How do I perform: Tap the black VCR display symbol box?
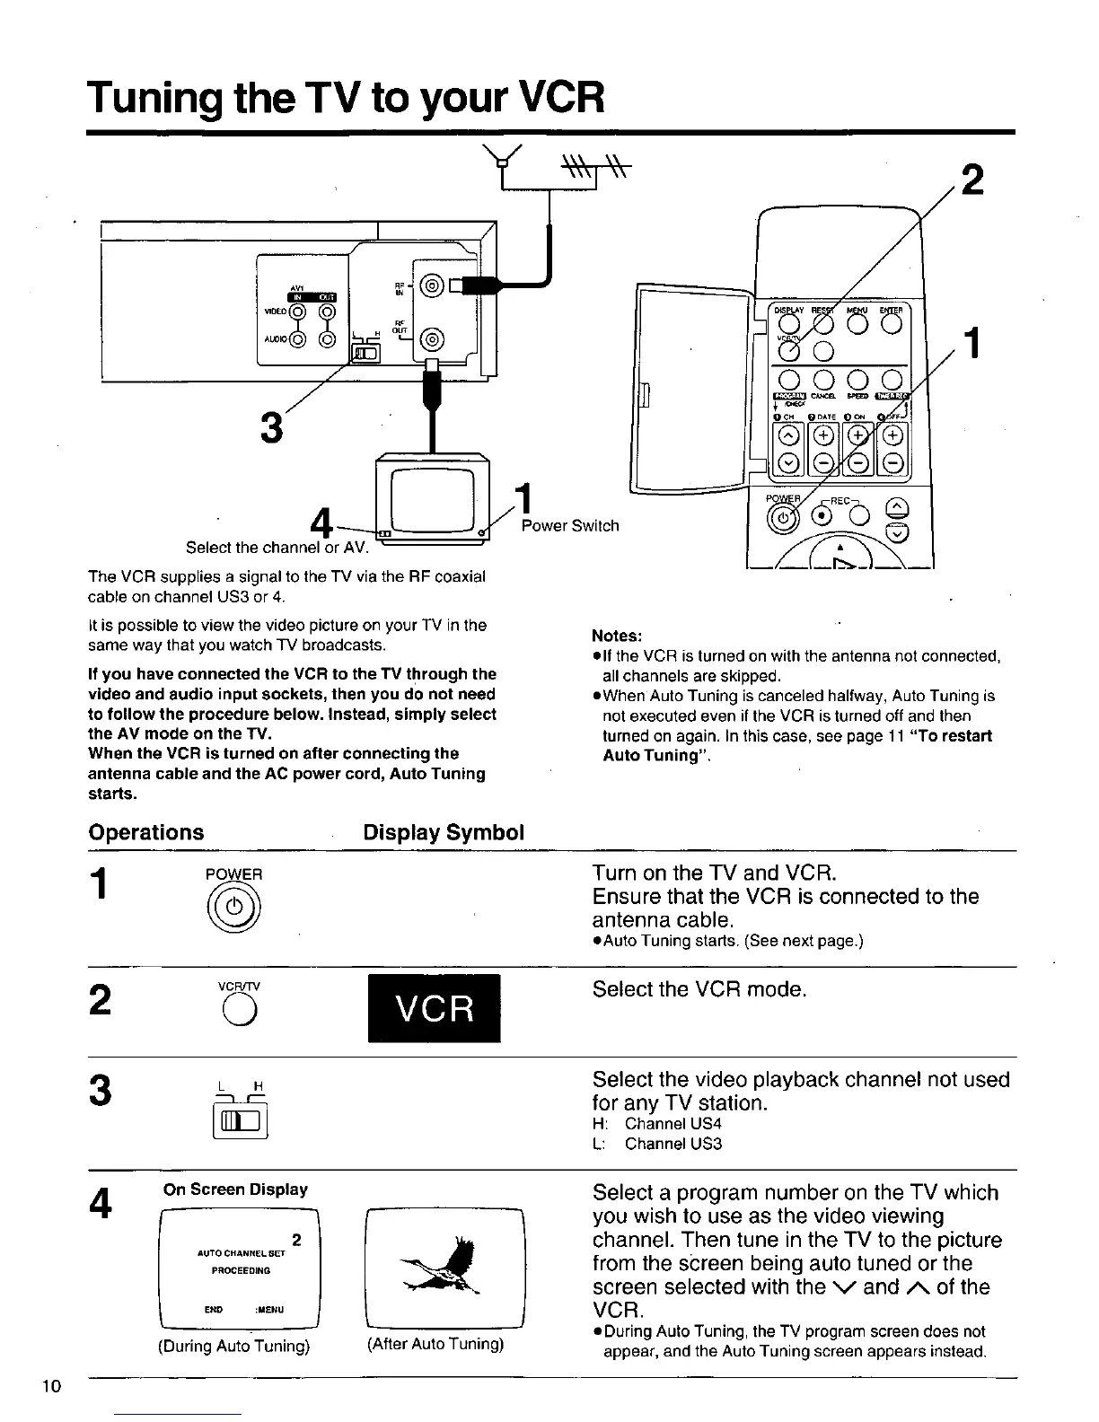[435, 1009]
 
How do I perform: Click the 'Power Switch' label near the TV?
[570, 525]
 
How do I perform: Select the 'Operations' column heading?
[146, 832]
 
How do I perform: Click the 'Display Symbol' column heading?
[444, 832]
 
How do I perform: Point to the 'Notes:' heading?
[617, 636]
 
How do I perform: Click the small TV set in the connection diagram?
[435, 498]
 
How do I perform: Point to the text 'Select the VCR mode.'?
[699, 989]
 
